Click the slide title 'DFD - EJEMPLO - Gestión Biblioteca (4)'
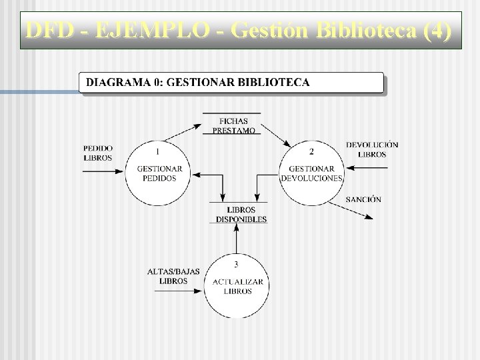point(239,31)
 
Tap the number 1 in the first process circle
point(157,151)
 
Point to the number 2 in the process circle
point(311,151)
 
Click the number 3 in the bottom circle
point(236,264)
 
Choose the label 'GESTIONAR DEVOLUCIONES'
point(311,173)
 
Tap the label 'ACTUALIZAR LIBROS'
point(237,287)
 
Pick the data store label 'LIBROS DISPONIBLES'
point(241,215)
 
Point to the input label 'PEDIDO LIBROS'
point(98,153)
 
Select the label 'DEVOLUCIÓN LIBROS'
point(372,149)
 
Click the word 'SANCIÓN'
point(363,199)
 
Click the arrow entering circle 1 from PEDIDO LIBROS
point(104,171)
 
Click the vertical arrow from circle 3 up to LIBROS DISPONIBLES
point(236,239)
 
